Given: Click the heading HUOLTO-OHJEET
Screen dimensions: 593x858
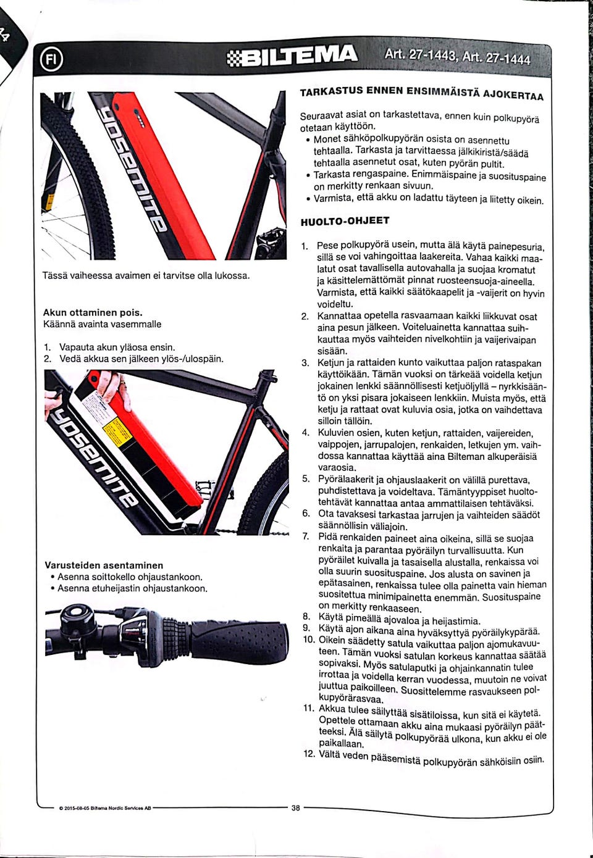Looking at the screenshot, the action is [345, 221].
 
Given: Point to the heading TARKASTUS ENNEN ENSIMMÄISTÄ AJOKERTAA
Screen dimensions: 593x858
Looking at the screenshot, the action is [422, 93].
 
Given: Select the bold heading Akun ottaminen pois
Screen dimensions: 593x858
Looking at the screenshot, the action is [93, 312].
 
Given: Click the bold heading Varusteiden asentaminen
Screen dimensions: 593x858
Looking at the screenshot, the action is [104, 565].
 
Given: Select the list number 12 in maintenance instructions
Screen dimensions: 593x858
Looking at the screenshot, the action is [309, 754].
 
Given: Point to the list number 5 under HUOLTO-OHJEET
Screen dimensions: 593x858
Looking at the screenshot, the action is [306, 479].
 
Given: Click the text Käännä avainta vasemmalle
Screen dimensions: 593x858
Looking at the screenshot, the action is [103, 324].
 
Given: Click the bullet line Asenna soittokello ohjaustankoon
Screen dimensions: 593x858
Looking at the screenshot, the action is [130, 577].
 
